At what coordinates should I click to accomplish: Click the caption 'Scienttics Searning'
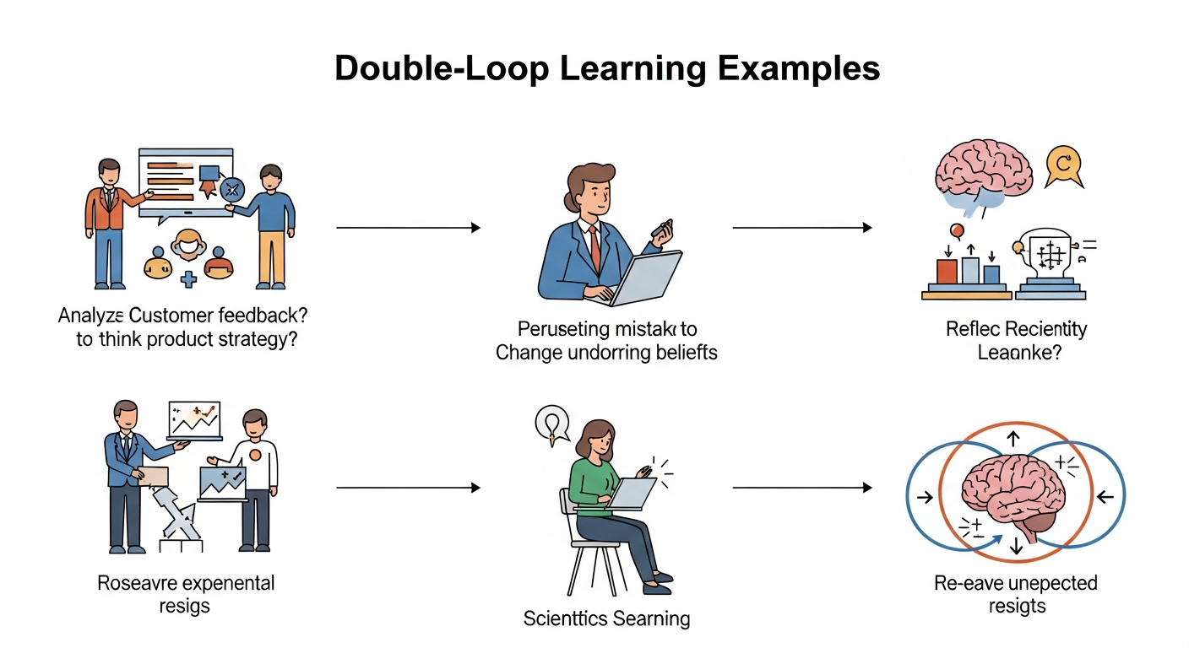click(x=606, y=618)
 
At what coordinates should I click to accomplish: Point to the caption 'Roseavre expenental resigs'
click(x=186, y=594)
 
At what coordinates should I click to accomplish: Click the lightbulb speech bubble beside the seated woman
click(x=549, y=422)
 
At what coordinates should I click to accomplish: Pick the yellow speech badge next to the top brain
click(x=1062, y=165)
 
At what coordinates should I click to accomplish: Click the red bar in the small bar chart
click(x=947, y=271)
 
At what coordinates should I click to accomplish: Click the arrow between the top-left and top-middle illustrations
click(x=408, y=228)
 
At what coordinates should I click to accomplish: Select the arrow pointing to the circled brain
click(x=801, y=488)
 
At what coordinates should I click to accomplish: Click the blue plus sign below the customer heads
click(x=187, y=279)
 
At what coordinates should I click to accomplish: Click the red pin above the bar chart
click(x=957, y=230)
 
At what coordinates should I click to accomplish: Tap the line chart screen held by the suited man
click(x=195, y=419)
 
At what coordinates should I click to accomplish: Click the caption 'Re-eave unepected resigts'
click(x=1015, y=594)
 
